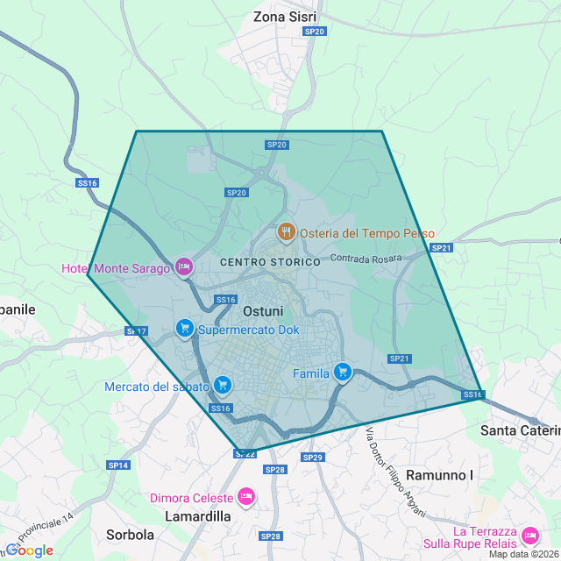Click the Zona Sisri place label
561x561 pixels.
coord(284,17)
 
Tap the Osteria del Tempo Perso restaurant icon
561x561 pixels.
coord(286,232)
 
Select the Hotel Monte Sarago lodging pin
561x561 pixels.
coord(183,266)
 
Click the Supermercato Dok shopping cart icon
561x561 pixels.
coord(184,329)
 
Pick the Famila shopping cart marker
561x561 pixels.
coord(342,373)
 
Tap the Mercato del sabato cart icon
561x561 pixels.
coord(223,385)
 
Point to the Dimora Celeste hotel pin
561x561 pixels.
coord(246,497)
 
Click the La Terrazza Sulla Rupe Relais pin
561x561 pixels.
coord(529,536)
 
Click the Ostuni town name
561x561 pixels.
coord(263,311)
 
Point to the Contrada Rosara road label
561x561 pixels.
coord(366,258)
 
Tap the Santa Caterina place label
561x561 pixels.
coord(520,430)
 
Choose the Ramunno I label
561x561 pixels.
coord(440,475)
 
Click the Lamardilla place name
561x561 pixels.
coord(198,516)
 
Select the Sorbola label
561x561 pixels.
coord(130,534)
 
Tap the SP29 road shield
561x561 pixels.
coord(313,458)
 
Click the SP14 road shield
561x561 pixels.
coord(118,465)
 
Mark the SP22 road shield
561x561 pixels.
coord(245,453)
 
